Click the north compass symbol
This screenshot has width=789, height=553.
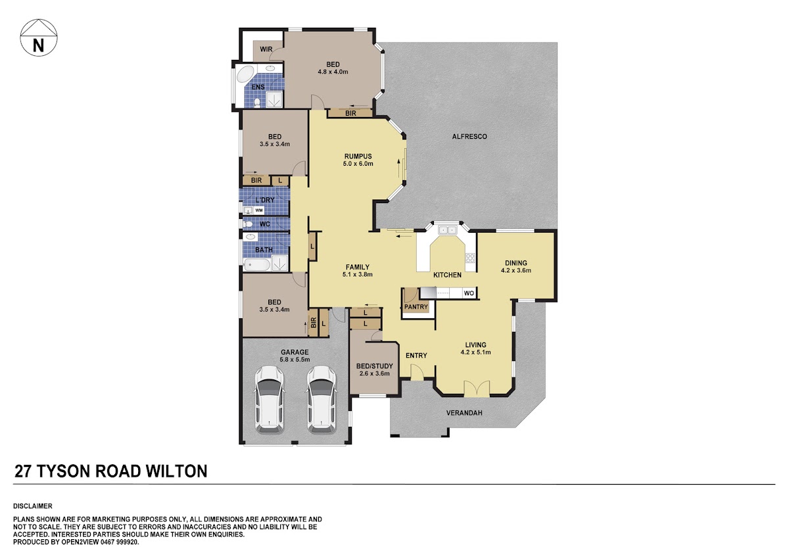point(38,37)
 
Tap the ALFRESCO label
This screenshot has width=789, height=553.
point(469,137)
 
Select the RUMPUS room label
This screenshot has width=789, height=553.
point(358,156)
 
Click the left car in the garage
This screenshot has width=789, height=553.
point(269,399)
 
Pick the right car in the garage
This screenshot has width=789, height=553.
point(322,399)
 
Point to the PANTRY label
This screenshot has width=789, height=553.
point(416,307)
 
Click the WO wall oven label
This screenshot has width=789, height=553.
point(468,293)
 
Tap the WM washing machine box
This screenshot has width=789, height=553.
point(259,210)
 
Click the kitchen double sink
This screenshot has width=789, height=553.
point(447,230)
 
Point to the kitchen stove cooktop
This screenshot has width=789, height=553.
point(470,258)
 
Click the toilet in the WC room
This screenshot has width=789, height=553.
point(248,224)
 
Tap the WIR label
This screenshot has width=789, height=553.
point(266,49)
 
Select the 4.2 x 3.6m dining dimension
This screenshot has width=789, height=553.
point(516,270)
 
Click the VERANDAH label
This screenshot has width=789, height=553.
point(464,413)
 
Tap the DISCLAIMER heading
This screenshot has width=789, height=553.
point(33,506)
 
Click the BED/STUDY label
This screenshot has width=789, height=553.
point(374,366)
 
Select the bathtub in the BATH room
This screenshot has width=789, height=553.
point(258,265)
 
